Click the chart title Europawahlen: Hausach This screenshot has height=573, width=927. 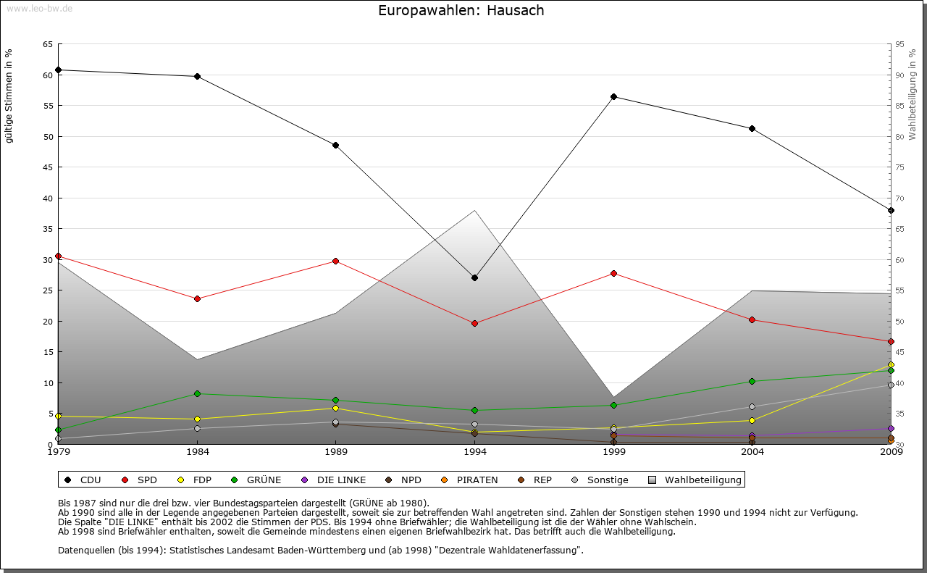tap(461, 11)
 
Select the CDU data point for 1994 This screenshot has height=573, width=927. tap(474, 277)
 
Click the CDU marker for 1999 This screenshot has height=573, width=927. tap(613, 96)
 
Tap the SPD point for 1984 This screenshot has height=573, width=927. tap(197, 298)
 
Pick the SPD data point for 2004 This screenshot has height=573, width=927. tap(752, 319)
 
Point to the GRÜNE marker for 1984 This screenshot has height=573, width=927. tap(197, 393)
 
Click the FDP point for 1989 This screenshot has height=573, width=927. tap(335, 409)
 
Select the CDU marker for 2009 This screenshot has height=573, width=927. tap(891, 210)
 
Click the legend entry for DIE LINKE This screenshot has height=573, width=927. tap(340, 480)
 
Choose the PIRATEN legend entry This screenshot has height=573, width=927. tap(477, 480)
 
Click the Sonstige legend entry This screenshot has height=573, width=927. tap(607, 480)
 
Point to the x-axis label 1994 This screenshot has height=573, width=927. tap(475, 453)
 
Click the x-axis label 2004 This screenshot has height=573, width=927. tap(752, 453)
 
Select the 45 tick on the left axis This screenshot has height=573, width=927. tap(47, 167)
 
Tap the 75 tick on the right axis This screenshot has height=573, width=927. tap(899, 167)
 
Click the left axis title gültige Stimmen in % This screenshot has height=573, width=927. tap(9, 96)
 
